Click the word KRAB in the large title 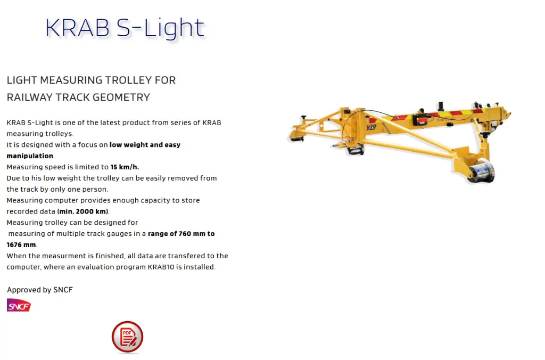(x=78, y=28)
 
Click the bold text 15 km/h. (x=125, y=167)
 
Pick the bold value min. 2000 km (x=82, y=211)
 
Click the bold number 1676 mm (x=21, y=245)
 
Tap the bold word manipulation (x=30, y=156)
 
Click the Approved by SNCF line (x=40, y=290)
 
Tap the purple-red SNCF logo (x=19, y=305)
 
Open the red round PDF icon (x=128, y=337)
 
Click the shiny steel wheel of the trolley (x=481, y=170)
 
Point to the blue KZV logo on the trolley (x=371, y=127)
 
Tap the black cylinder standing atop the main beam (x=441, y=106)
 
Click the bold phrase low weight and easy (x=145, y=145)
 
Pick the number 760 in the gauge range (x=185, y=234)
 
